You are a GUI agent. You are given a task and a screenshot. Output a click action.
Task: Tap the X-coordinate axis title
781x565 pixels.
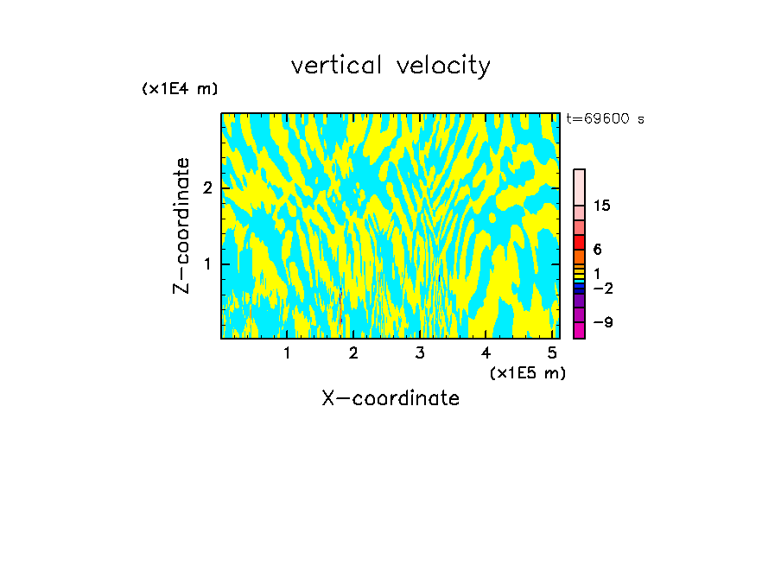390,398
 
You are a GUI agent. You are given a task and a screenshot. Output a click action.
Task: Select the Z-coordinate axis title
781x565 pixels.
181,225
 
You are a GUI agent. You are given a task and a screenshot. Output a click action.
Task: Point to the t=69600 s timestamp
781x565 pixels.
605,119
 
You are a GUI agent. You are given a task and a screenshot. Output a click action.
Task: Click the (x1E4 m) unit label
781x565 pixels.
180,89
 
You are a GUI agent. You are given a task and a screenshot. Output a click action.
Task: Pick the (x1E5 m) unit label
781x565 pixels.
527,373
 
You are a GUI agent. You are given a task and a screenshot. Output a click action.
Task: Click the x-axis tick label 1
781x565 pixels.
287,352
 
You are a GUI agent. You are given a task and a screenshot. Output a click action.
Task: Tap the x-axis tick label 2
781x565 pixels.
353,352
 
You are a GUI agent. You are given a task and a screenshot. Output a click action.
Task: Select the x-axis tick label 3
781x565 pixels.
420,352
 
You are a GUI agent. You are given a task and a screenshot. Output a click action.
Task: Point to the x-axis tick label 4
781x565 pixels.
486,352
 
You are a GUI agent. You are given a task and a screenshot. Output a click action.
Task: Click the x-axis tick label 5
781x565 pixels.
552,352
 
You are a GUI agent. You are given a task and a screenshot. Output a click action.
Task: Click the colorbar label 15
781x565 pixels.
602,206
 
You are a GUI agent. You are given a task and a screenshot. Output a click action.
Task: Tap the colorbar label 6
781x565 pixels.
597,249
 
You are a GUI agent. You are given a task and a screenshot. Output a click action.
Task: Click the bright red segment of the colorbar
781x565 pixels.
579,242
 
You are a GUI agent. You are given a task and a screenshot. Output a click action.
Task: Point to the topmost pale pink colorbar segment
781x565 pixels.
579,187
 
